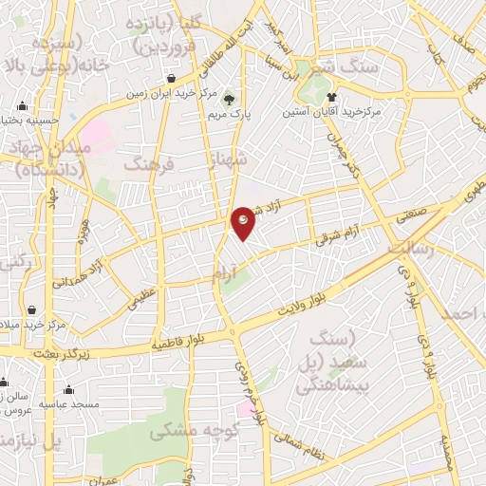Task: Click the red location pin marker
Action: [x=244, y=222]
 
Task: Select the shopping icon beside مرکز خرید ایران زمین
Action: [x=171, y=79]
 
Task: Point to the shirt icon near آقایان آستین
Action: [x=331, y=97]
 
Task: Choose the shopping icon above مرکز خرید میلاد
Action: [x=32, y=310]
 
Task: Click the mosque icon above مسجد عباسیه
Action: [x=68, y=389]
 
